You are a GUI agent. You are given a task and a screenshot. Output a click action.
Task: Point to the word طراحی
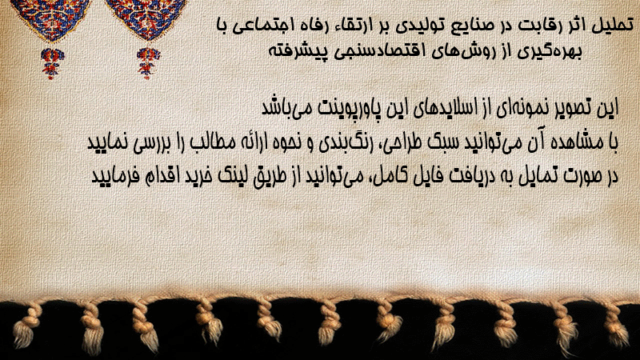click(406, 142)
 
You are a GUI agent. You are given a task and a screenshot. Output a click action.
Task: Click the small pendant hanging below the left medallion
click(52, 63)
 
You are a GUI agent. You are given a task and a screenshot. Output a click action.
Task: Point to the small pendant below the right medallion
click(148, 63)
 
